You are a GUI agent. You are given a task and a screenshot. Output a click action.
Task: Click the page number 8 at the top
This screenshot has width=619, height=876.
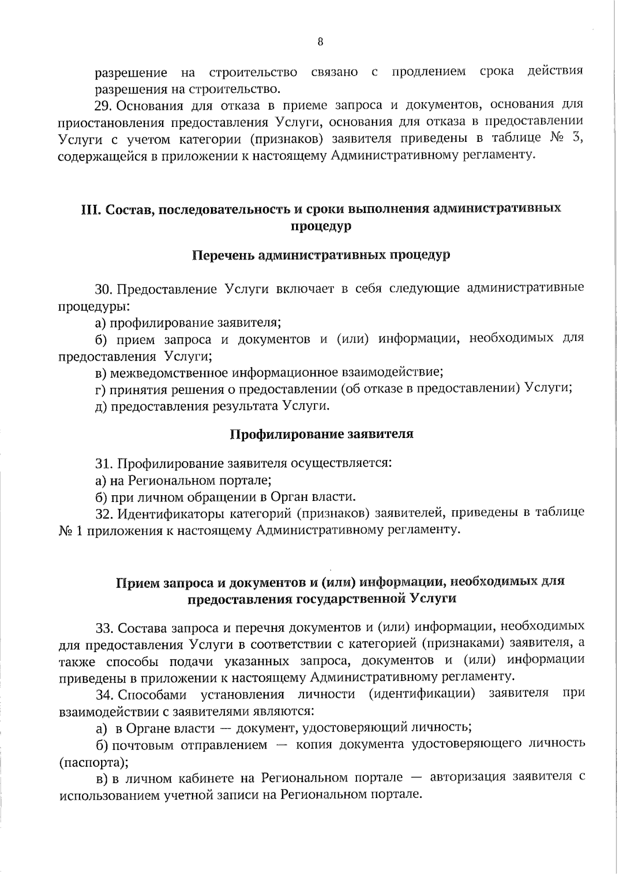(x=320, y=42)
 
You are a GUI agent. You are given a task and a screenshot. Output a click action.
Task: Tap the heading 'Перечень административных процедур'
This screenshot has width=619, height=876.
(x=321, y=255)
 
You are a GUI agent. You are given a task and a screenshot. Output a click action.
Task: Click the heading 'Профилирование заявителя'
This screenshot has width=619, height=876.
(x=321, y=434)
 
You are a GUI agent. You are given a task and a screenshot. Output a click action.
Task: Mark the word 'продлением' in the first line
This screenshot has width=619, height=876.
(x=429, y=72)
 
